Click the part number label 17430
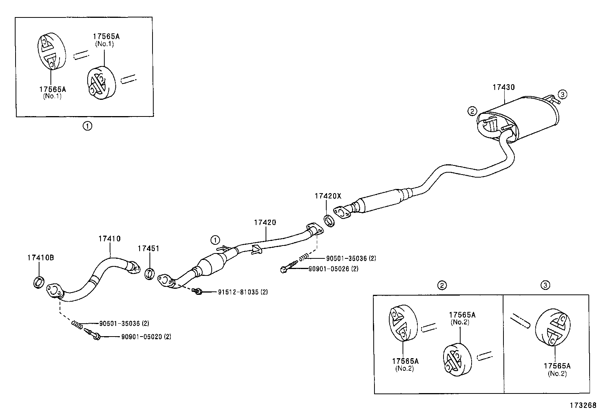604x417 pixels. click(503, 87)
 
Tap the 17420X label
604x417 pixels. click(327, 196)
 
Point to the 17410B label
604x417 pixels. click(40, 258)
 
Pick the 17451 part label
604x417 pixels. click(148, 249)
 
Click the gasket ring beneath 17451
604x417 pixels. click(150, 273)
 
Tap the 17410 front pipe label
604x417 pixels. click(109, 239)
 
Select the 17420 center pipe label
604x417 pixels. click(265, 222)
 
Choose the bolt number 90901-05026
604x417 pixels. click(328, 269)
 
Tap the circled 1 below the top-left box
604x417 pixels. click(87, 126)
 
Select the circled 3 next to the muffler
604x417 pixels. click(562, 94)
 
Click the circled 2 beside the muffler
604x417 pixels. click(472, 111)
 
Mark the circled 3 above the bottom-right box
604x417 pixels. click(545, 285)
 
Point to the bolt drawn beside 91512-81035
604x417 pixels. click(197, 291)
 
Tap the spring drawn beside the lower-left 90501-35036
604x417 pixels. click(77, 324)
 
